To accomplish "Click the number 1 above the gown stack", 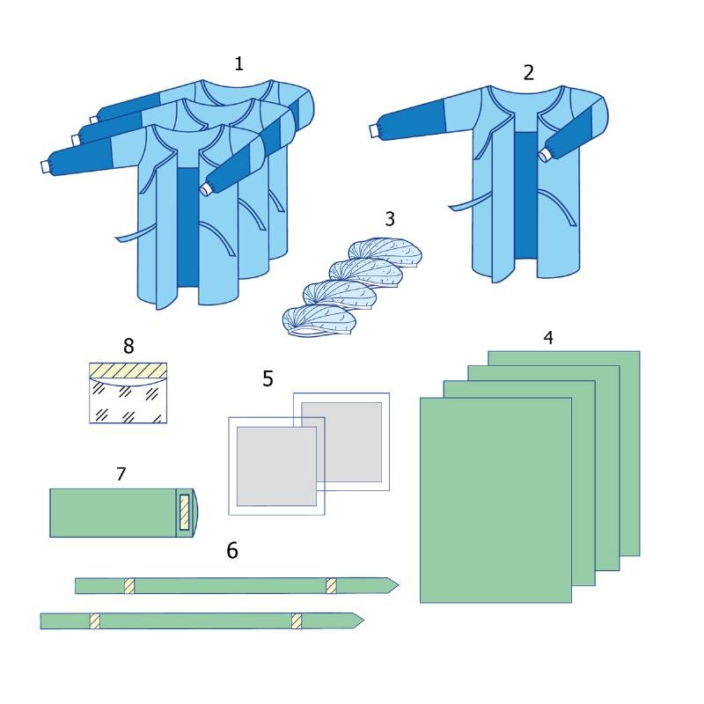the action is (238, 63).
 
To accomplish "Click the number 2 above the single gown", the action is (529, 73).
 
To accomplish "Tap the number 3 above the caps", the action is (390, 218).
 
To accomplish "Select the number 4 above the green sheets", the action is (547, 338).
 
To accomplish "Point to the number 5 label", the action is (268, 378).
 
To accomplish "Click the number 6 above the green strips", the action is (232, 551).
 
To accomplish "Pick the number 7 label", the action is (121, 474).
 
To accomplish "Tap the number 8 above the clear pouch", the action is (128, 346).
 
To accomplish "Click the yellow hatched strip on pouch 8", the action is (128, 370).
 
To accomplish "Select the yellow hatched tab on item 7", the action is (185, 512).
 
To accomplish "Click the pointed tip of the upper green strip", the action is (399, 585).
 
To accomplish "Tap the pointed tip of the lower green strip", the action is (363, 621).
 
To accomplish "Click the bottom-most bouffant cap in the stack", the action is (319, 321).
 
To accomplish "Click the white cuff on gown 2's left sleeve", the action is (374, 131).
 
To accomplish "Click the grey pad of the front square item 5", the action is (276, 466).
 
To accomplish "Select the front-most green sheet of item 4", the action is (495, 500).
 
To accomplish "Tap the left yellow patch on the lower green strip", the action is (94, 621).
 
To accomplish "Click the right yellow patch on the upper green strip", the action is (332, 586).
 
